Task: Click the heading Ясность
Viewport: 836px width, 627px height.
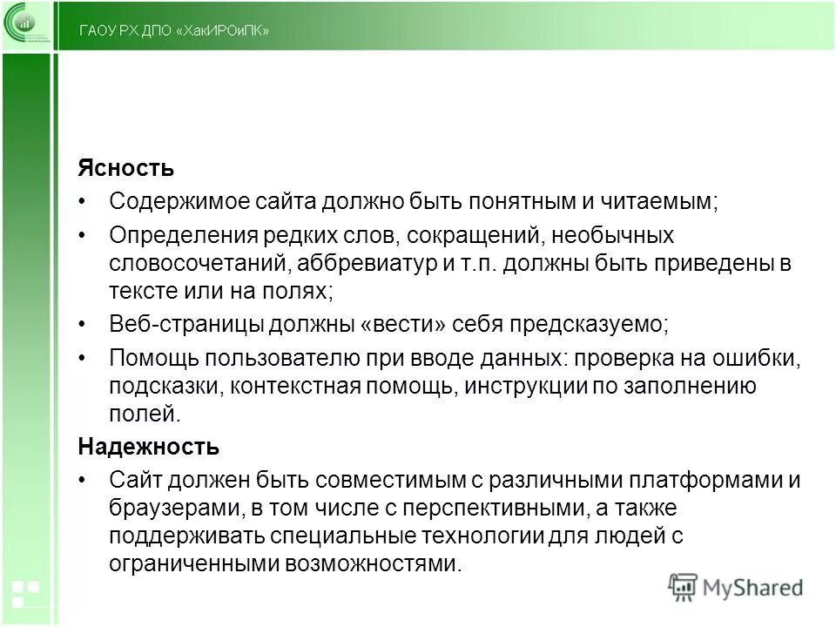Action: click(x=125, y=167)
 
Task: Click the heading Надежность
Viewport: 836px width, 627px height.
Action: click(x=148, y=448)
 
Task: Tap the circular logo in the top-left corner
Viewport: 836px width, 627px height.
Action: click(x=27, y=27)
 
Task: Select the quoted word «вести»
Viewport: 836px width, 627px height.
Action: click(x=401, y=325)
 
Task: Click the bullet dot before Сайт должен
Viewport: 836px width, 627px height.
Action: click(x=83, y=481)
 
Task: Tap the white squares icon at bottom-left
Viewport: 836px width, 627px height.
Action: click(x=25, y=591)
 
